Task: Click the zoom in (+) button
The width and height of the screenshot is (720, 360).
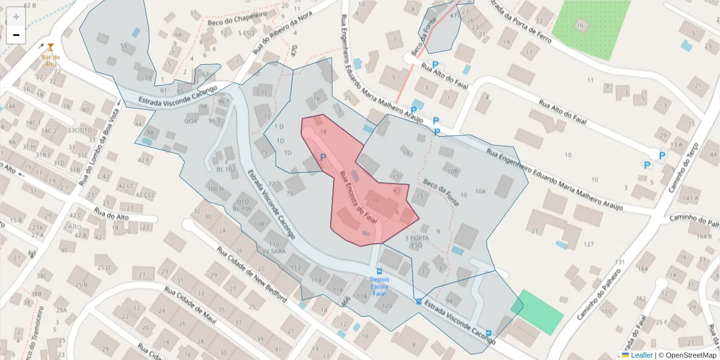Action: point(16,17)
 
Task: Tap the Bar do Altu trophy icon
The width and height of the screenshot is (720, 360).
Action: point(50,47)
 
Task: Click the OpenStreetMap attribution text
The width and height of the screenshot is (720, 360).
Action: point(687,355)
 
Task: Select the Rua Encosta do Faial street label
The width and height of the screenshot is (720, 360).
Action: point(358,194)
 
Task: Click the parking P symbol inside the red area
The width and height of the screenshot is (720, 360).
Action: point(323,158)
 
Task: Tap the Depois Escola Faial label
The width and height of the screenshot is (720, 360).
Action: point(379,286)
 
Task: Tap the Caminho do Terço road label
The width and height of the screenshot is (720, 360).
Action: point(689,165)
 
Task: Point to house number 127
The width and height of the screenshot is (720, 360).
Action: point(588,244)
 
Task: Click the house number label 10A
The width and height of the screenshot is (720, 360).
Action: point(480,191)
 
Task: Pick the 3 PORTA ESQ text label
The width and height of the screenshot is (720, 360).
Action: point(418,241)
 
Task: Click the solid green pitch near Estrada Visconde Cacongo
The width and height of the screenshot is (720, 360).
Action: point(538,311)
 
